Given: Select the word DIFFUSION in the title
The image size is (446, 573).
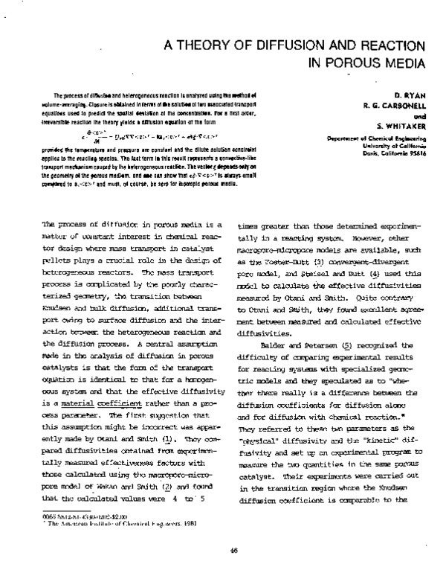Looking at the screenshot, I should tap(285, 45).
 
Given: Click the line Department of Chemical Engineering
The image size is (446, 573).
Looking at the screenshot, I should tap(380, 138).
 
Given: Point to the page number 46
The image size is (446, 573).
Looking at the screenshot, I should tap(233, 551).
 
